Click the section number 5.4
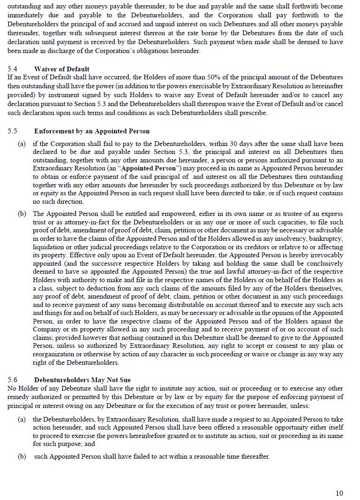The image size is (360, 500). (x=12, y=69)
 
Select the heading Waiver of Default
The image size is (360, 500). (x=61, y=69)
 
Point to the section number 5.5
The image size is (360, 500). (x=12, y=131)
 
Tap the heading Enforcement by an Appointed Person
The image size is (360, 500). (x=92, y=131)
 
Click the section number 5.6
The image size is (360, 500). (x=12, y=380)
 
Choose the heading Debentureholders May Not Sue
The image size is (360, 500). (x=82, y=380)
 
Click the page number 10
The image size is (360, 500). (x=339, y=493)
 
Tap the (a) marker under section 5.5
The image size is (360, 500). (x=22, y=144)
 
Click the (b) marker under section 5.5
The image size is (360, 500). (x=22, y=214)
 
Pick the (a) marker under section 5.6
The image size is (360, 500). (x=22, y=419)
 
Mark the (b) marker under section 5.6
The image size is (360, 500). (x=22, y=456)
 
